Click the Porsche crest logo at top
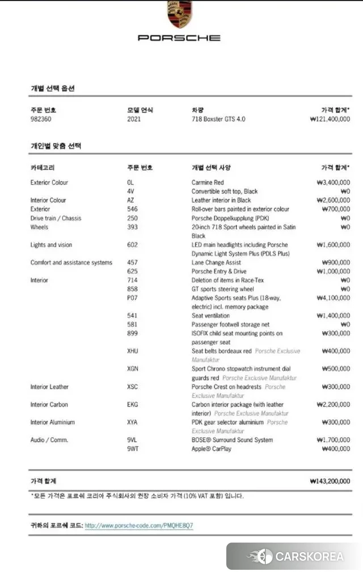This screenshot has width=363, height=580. coord(179,15)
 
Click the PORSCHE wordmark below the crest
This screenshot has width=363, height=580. coord(179,38)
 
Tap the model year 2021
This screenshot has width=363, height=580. coord(134,120)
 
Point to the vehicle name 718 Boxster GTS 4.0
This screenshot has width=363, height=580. coord(218,120)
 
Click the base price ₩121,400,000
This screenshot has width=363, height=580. coord(330,120)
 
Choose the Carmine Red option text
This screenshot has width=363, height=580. coord(208,183)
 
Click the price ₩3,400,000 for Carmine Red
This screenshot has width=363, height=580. coord(333,183)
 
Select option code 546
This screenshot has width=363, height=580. coord(132,209)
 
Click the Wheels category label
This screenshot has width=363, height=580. coord(40,227)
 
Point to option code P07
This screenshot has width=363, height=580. coord(133,298)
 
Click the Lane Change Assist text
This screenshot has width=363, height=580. coord(216,263)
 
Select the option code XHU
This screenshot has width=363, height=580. coord(133,352)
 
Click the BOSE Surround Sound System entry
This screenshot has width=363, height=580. coord(232,440)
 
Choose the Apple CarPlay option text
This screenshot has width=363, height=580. coord(212,449)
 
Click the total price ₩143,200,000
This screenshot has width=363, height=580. coord(330,481)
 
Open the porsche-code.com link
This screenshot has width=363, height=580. coord(139,526)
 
